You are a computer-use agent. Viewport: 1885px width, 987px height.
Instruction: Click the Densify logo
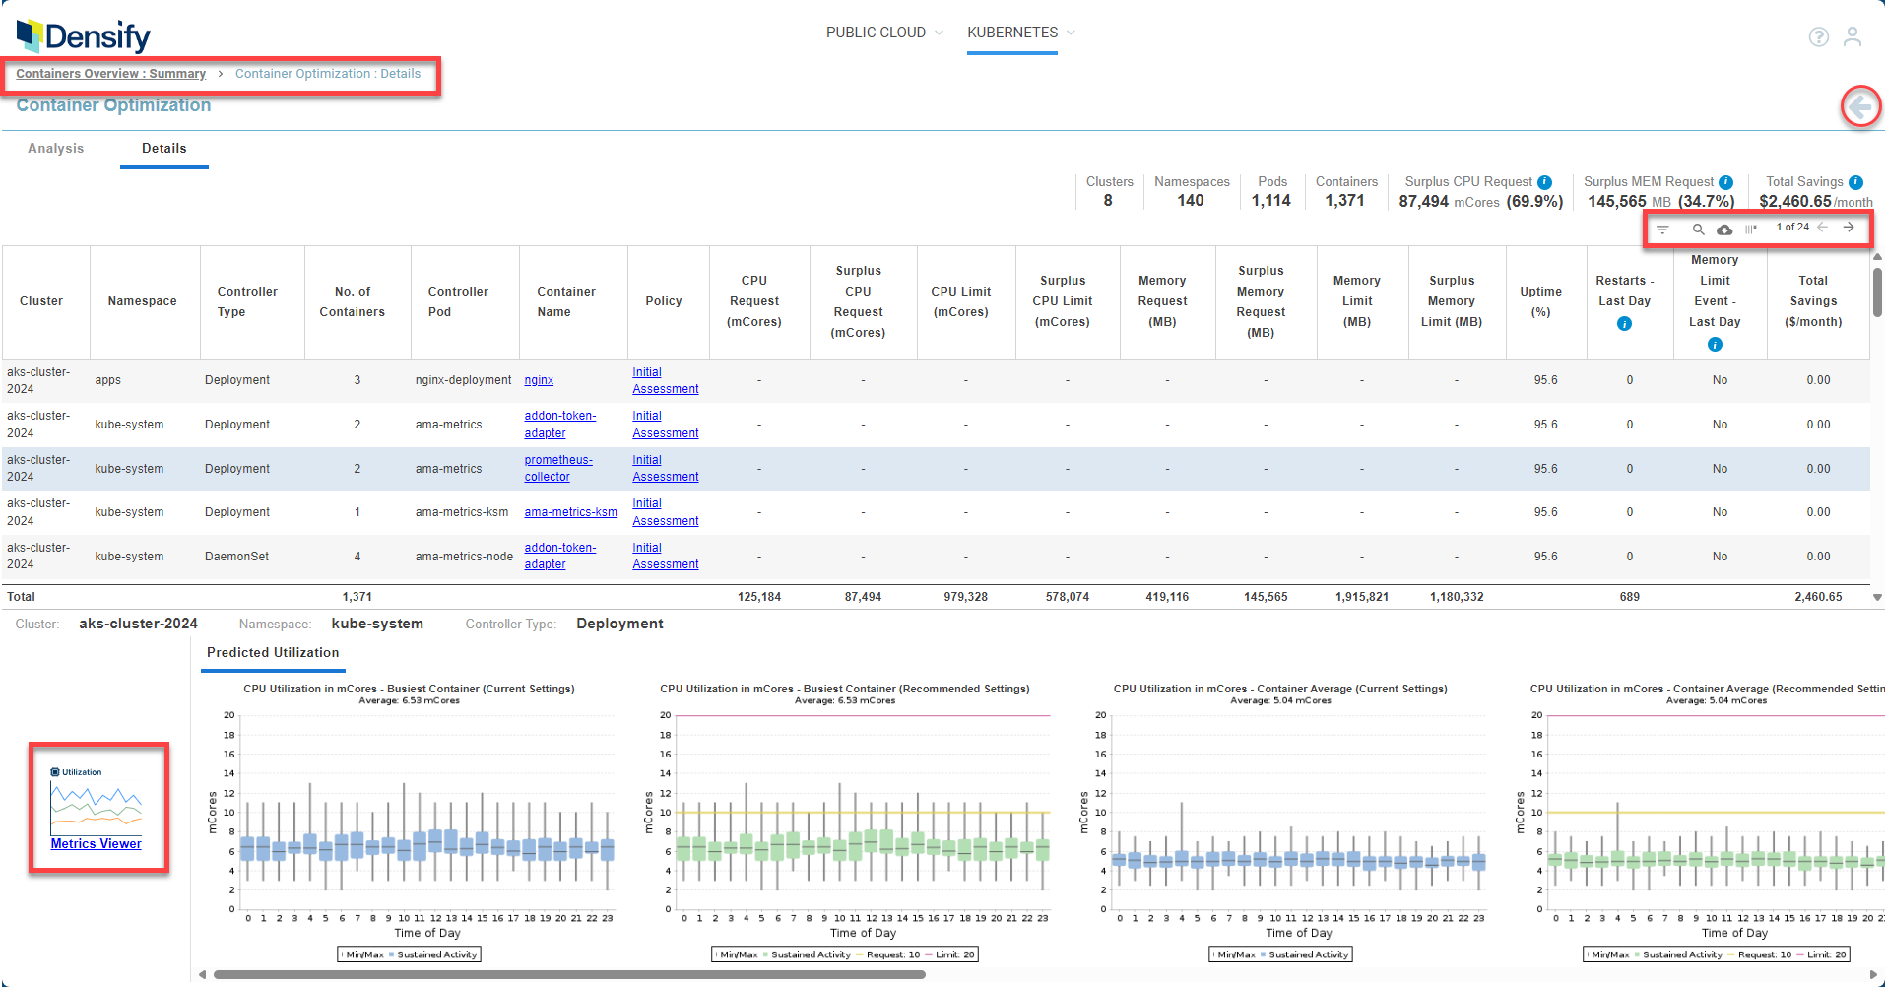pos(84,36)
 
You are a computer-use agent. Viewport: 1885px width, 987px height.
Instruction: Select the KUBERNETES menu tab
pos(1012,33)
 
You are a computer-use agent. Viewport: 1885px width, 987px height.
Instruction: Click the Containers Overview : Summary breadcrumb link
pos(110,74)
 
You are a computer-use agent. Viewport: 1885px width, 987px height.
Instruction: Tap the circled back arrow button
pos(1860,106)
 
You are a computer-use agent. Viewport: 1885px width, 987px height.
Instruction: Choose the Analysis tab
pos(56,149)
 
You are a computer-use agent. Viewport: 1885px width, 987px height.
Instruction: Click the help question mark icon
pos(1819,36)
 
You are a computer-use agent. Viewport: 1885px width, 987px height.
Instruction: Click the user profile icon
pos(1852,36)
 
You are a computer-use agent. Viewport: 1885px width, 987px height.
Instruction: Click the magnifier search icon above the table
pos(1698,229)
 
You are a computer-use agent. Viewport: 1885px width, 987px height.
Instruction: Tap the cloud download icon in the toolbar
pos(1724,229)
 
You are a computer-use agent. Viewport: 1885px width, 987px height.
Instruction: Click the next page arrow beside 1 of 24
pos(1849,228)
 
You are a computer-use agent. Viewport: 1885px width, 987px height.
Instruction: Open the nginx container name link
pos(539,380)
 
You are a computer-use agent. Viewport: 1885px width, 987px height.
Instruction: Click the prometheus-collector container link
pos(558,468)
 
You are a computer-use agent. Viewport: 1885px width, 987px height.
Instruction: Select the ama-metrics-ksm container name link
pos(571,512)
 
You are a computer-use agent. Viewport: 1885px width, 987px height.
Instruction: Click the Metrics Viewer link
pos(97,844)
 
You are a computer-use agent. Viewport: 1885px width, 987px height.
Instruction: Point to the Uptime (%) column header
pos(1540,301)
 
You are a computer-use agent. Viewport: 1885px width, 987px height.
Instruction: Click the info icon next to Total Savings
pos(1855,182)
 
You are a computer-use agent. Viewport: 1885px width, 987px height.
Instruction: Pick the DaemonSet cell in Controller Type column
pos(237,557)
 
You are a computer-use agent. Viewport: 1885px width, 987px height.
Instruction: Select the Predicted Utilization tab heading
pos(273,653)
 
